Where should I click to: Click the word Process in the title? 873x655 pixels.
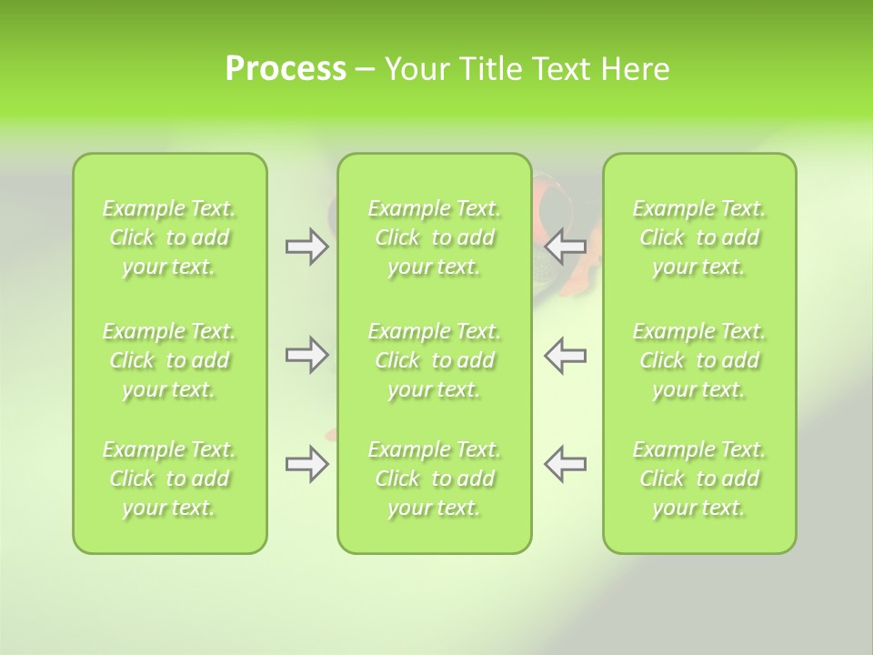[x=286, y=69]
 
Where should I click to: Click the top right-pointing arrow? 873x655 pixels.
[x=306, y=247]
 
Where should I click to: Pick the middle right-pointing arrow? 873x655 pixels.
[x=306, y=356]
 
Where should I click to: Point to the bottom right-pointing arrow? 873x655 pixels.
[x=306, y=464]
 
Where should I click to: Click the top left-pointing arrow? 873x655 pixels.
[x=566, y=247]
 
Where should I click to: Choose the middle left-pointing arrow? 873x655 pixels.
[x=566, y=356]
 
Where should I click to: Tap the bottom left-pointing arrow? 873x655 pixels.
[x=566, y=464]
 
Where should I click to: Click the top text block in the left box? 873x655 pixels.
[x=169, y=237]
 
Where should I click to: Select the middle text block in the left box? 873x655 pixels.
[x=169, y=360]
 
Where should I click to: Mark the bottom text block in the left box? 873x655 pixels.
[x=169, y=479]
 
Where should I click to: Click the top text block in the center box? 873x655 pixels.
[x=434, y=237]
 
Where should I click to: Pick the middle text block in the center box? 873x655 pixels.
[x=434, y=360]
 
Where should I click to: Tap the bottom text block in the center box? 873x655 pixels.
[x=434, y=479]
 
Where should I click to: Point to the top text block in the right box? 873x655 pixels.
[x=699, y=237]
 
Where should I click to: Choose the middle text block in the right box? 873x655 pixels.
[x=699, y=360]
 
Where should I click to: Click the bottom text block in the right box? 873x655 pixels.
[x=699, y=479]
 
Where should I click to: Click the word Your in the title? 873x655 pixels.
[x=416, y=69]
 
